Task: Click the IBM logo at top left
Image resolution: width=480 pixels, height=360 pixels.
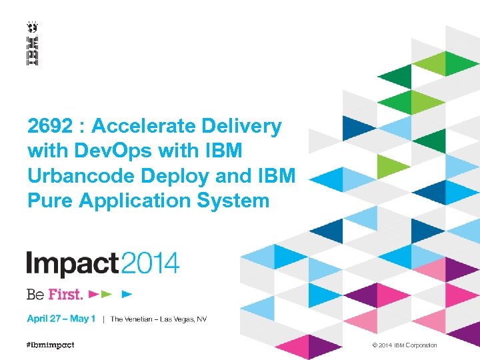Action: tap(32, 51)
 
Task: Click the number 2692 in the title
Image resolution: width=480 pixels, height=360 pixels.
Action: tap(51, 125)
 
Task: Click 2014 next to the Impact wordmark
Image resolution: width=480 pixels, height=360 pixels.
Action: tap(150, 263)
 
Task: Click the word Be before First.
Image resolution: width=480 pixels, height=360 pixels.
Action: tap(35, 293)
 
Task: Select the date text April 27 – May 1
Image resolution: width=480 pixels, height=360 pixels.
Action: tap(61, 319)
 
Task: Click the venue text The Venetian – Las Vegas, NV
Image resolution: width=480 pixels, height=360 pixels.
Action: tap(159, 319)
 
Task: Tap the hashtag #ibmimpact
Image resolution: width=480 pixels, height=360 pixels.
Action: tap(51, 345)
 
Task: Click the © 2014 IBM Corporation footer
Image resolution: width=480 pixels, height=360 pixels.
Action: tap(405, 345)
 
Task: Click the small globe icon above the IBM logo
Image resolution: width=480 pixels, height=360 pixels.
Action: tap(32, 27)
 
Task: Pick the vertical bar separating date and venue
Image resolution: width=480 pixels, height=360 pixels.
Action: tap(103, 319)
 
